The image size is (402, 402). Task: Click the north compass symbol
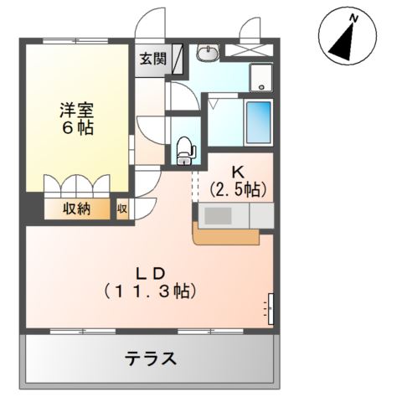click(346, 39)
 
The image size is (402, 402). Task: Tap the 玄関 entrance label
click(152, 59)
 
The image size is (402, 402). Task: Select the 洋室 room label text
click(75, 110)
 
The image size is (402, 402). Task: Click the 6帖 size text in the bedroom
click(75, 129)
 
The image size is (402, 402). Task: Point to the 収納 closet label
click(75, 209)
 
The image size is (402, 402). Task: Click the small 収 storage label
click(121, 209)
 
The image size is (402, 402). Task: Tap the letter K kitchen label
click(237, 172)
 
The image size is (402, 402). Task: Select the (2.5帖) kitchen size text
click(238, 189)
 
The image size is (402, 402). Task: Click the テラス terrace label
click(151, 358)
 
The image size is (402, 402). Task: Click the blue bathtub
click(259, 122)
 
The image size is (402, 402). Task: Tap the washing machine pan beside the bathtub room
click(262, 78)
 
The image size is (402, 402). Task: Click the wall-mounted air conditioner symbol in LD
click(271, 307)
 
